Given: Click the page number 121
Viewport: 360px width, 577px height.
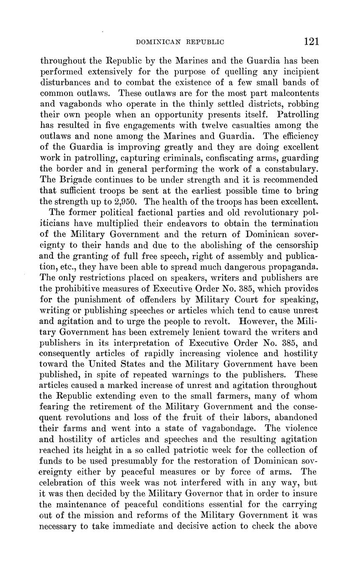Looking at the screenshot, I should pos(312,41).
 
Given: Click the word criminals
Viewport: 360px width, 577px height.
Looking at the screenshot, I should pos(185,158).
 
